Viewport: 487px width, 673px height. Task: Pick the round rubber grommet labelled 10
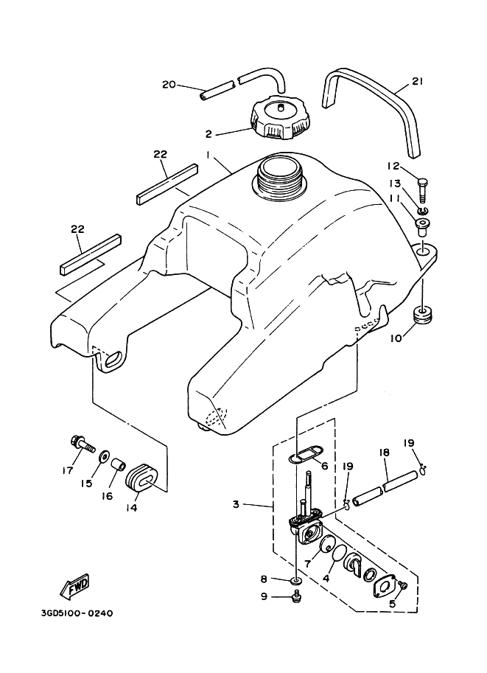point(424,316)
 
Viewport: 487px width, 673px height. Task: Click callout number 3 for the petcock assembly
point(236,504)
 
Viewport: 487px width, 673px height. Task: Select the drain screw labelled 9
point(296,594)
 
